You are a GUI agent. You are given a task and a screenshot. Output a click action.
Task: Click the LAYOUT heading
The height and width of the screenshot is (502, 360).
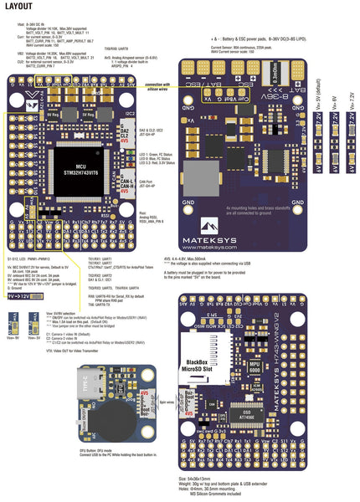tap(19, 8)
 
